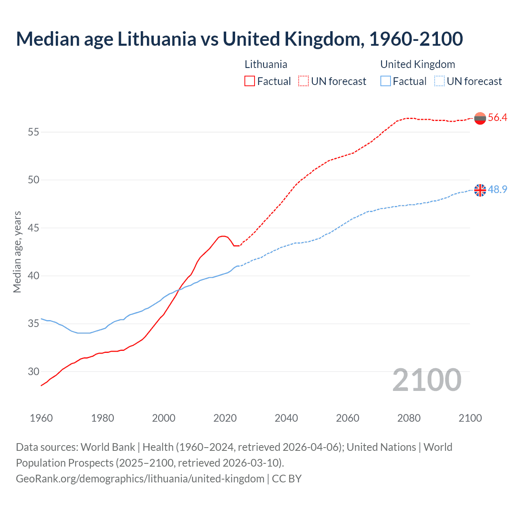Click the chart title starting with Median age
coord(239,39)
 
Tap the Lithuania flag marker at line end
coord(480,118)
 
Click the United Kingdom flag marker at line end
coord(480,190)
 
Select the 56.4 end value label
coord(497,118)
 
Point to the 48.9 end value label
coord(497,189)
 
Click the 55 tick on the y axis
coord(34,132)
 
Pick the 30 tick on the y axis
coord(34,372)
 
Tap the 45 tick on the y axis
coord(34,228)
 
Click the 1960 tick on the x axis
coord(41,418)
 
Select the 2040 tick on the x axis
coord(286,418)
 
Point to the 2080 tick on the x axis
coord(409,418)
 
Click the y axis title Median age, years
coord(17,252)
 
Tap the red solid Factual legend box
coord(250,81)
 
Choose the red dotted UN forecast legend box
coord(304,81)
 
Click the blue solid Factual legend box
coord(386,81)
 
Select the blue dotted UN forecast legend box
coord(439,81)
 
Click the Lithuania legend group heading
coord(266,64)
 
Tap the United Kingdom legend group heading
coord(418,64)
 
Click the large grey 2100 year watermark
coord(427,380)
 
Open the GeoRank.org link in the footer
coord(140,479)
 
